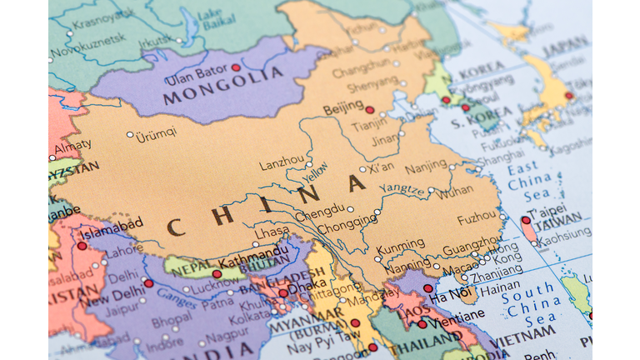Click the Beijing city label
pyautogui.click(x=342, y=108)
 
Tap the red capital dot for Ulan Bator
pyautogui.click(x=236, y=67)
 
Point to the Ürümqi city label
pyautogui.click(x=157, y=133)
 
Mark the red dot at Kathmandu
pyautogui.click(x=217, y=273)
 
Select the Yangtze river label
pyautogui.click(x=402, y=188)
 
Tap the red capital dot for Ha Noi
pyautogui.click(x=427, y=288)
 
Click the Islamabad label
pyautogui.click(x=111, y=228)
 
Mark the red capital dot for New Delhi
pyautogui.click(x=148, y=283)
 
